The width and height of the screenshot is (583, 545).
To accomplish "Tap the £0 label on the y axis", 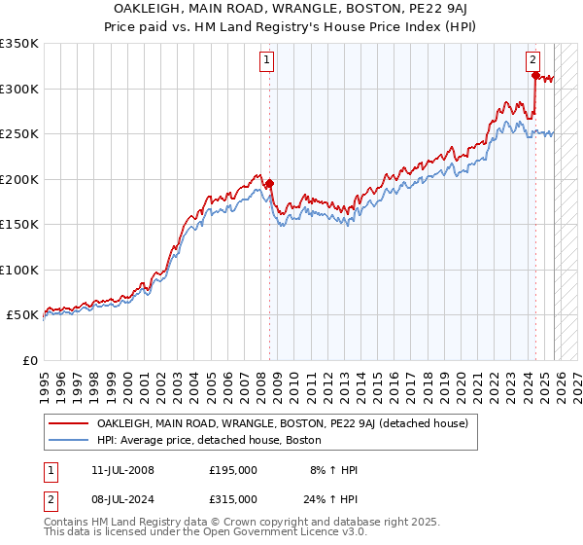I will tap(29, 360).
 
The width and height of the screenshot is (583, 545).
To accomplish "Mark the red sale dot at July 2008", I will tap(269, 183).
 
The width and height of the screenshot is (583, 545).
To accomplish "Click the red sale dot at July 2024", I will tap(534, 75).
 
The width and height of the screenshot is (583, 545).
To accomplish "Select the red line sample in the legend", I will tap(69, 423).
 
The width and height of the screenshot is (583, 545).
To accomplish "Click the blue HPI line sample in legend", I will tap(69, 440).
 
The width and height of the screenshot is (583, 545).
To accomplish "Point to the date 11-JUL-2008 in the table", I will tap(119, 470).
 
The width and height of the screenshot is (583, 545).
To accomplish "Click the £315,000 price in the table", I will tap(233, 501).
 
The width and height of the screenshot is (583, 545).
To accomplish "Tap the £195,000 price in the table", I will tap(233, 470).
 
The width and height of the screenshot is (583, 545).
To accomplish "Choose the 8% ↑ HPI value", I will tap(332, 470).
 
